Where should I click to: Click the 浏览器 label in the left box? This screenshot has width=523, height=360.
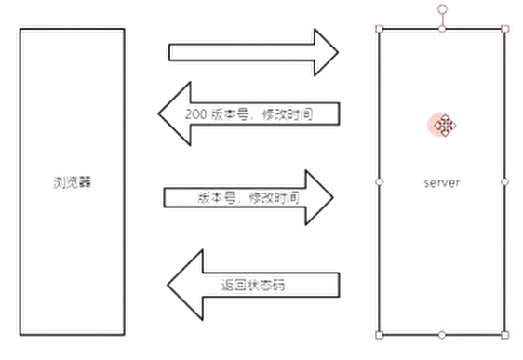73,182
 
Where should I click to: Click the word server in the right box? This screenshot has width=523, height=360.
441,182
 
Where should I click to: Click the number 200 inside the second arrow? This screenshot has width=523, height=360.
196,114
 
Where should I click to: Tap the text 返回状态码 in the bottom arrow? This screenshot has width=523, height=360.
253,284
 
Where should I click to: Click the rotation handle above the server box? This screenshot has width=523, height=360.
442,8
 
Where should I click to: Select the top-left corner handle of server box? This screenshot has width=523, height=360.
379,29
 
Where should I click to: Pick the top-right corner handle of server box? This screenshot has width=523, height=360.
505,29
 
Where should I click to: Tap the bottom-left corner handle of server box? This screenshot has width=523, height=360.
379,334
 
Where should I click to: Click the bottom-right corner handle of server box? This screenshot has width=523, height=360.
505,334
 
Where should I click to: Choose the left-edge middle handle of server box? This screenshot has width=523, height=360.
379,181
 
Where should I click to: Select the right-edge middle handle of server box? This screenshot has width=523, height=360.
505,181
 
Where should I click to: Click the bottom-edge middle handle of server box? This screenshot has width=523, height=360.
442,334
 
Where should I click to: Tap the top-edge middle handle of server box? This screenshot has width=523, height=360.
442,29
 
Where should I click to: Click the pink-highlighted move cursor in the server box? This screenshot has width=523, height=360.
444,126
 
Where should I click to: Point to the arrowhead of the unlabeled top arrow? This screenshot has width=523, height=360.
324,52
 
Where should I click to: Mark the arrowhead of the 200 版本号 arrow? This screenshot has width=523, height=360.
174,114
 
